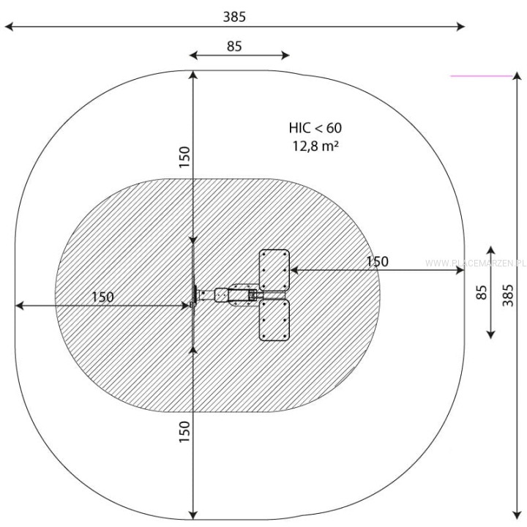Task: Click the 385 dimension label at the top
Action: [x=234, y=17]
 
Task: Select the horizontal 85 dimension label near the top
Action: [x=234, y=46]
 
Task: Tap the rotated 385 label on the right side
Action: [x=508, y=296]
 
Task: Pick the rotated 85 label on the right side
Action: [x=482, y=292]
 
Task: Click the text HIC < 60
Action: [x=315, y=128]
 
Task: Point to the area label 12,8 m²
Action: [x=315, y=146]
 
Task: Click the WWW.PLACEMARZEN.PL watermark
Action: [x=475, y=263]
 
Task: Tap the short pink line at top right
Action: [x=482, y=76]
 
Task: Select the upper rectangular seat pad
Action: [x=274, y=270]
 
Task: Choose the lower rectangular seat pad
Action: [x=274, y=320]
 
